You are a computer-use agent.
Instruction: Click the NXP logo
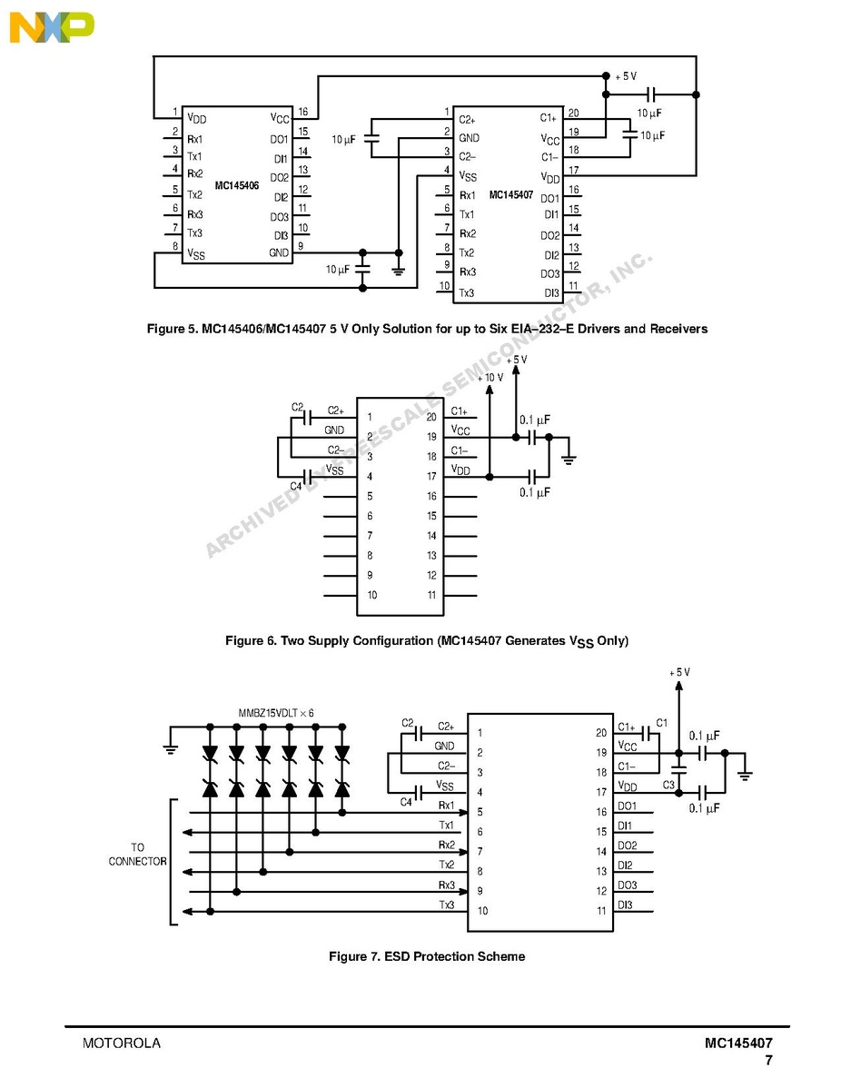point(52,27)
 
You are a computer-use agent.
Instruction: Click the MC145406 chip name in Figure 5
point(236,186)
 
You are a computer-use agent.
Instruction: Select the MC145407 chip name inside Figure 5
point(510,194)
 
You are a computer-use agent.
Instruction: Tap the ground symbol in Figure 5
point(398,271)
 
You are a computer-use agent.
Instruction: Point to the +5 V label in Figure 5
point(626,76)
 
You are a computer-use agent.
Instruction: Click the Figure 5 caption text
point(427,328)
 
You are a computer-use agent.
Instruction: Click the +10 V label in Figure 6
point(490,377)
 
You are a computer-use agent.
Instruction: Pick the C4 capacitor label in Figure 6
point(296,486)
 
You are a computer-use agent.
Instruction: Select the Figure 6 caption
point(426,641)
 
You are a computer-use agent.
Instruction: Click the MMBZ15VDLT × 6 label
point(276,713)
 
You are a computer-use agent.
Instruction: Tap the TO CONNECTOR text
point(137,855)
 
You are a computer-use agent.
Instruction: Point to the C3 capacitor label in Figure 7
point(668,784)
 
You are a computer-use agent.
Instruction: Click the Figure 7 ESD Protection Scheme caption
point(426,956)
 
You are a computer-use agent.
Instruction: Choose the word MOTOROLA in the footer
point(122,1043)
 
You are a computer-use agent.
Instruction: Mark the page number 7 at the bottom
point(768,1060)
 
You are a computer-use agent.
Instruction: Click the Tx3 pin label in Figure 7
point(446,905)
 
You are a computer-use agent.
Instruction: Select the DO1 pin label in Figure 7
point(627,806)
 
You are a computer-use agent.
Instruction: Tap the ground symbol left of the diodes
point(170,748)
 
